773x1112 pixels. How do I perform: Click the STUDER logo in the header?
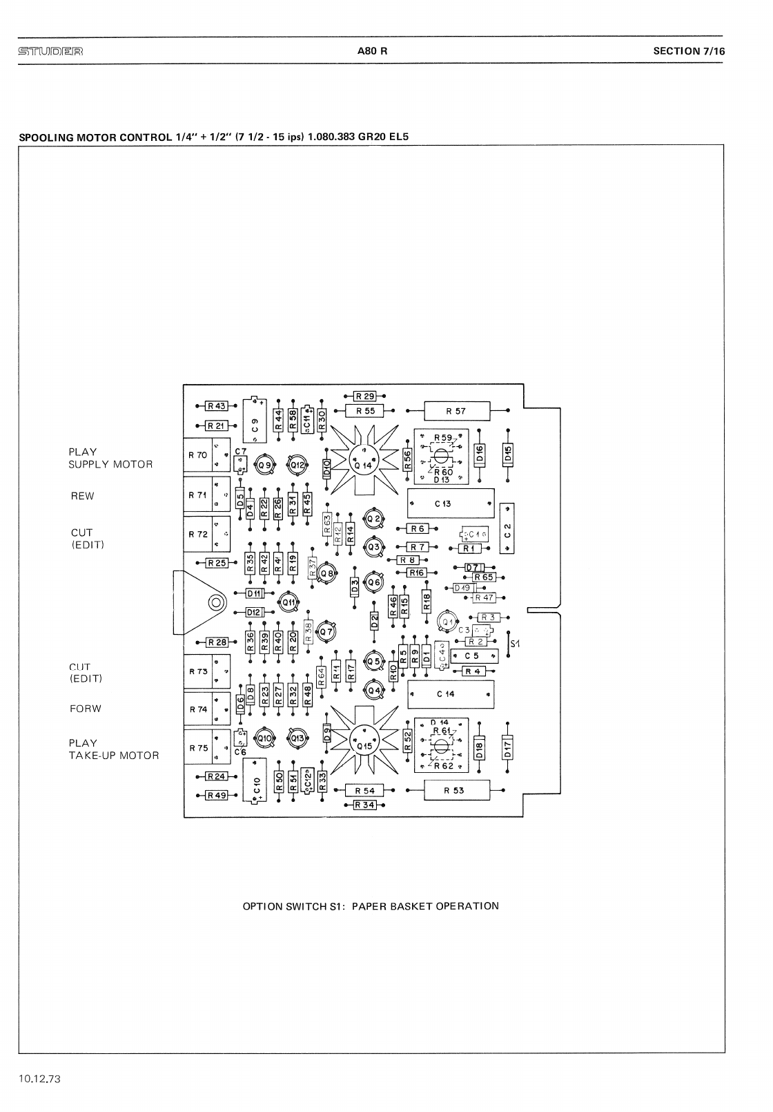pyautogui.click(x=51, y=51)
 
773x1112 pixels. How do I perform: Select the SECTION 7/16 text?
pyautogui.click(x=689, y=50)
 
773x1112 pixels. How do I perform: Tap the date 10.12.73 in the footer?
pyautogui.click(x=41, y=1078)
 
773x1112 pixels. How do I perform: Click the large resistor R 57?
pyautogui.click(x=456, y=411)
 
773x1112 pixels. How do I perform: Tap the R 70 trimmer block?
pyautogui.click(x=206, y=456)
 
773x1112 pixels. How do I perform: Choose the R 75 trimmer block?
pyautogui.click(x=206, y=748)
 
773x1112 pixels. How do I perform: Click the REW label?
pyautogui.click(x=82, y=496)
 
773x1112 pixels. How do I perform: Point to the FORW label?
pyautogui.click(x=86, y=709)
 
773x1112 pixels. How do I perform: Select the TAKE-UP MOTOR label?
pyautogui.click(x=113, y=756)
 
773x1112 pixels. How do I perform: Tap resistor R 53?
pyautogui.click(x=456, y=790)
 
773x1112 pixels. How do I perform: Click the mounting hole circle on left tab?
pyautogui.click(x=216, y=603)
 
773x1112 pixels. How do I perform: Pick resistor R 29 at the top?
pyautogui.click(x=364, y=396)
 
